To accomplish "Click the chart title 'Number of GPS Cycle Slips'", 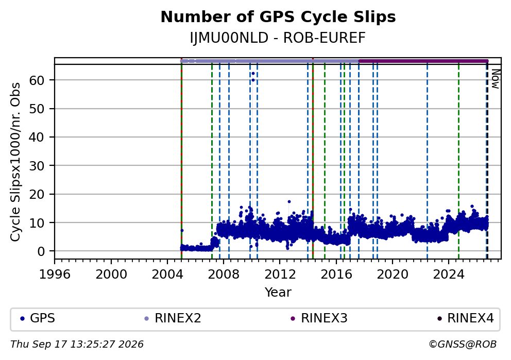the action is pyautogui.click(x=278, y=17).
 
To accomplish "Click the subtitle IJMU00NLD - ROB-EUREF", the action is pyautogui.click(x=278, y=38).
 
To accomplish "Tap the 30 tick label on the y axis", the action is pyautogui.click(x=37, y=165).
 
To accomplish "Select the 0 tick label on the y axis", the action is pyautogui.click(x=41, y=251).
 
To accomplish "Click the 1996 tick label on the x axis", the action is pyautogui.click(x=55, y=275).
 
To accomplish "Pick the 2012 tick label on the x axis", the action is pyautogui.click(x=280, y=275).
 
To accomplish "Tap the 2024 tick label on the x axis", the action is pyautogui.click(x=449, y=275).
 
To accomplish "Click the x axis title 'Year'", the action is pyautogui.click(x=278, y=292).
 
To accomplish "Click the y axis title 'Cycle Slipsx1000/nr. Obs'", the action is pyautogui.click(x=15, y=162).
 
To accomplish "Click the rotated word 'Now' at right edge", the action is pyautogui.click(x=496, y=79).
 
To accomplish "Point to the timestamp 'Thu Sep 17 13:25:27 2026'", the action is pyautogui.click(x=77, y=345).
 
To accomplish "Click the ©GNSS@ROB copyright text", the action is pyautogui.click(x=463, y=345).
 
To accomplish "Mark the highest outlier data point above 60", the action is pyautogui.click(x=253, y=74).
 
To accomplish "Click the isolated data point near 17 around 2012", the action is pyautogui.click(x=289, y=202).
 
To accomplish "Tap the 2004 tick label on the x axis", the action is pyautogui.click(x=167, y=275).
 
